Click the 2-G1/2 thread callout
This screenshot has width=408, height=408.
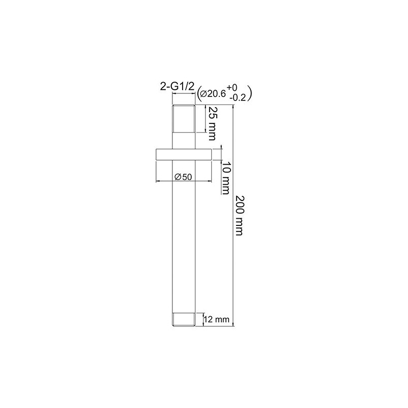[x=177, y=86]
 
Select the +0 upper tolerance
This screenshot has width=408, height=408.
[x=232, y=87]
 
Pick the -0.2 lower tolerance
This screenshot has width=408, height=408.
[x=238, y=98]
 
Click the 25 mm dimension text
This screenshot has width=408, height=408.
[x=212, y=123]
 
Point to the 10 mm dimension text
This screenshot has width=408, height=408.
[x=225, y=178]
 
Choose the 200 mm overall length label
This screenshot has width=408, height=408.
[x=239, y=215]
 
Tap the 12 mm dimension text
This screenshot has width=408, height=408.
[x=216, y=319]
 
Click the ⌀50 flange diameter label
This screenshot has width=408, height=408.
[x=183, y=177]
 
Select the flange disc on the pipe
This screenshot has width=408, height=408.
[x=184, y=155]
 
